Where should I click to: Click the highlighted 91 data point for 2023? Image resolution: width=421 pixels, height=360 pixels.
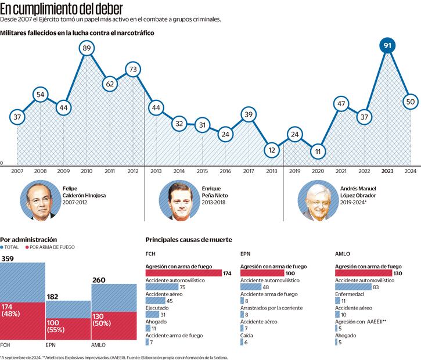coord(387,46)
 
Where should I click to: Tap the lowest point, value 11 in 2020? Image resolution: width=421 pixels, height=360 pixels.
coord(316,152)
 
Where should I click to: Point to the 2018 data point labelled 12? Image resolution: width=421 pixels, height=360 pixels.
coord(271,149)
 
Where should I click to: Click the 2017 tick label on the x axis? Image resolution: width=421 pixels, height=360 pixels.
coord(248,171)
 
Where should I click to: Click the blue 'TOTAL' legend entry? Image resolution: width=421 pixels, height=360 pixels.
coord(13,247)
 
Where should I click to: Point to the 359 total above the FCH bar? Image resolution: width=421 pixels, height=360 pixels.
coord(8,258)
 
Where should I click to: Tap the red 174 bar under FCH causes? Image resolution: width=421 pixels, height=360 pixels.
coord(183,273)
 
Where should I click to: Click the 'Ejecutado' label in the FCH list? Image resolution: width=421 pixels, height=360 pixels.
coord(157,308)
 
